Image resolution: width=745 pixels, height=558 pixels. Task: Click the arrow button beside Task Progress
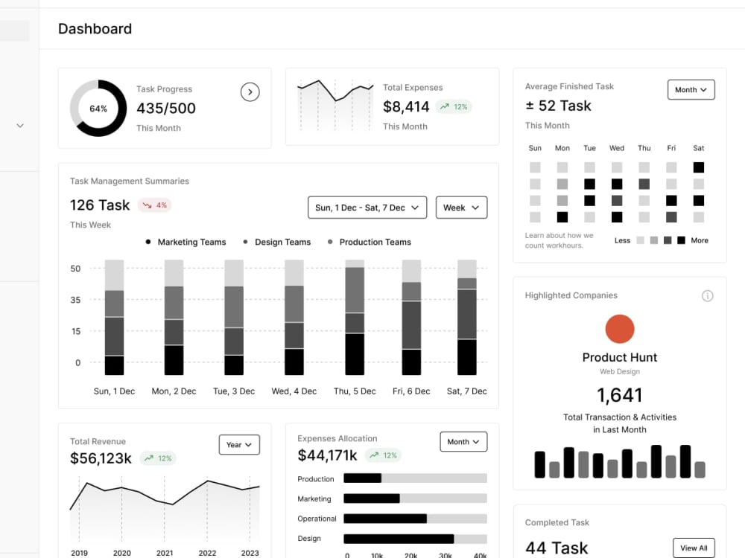[250, 92]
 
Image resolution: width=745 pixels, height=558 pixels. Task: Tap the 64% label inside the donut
[98, 109]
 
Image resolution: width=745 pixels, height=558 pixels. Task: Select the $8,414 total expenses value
[406, 106]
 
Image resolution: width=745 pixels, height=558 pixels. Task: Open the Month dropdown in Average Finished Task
[691, 90]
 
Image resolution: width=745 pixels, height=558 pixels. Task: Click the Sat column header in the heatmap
[699, 148]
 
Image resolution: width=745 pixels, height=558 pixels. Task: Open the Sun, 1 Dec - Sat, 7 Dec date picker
[367, 208]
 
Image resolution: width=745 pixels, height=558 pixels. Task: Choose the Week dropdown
[461, 208]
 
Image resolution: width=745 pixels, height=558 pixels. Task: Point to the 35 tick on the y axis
[75, 300]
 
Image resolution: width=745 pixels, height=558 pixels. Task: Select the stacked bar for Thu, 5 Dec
[355, 318]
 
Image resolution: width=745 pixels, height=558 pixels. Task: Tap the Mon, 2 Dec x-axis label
[174, 391]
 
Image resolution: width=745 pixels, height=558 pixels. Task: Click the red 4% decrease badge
[155, 205]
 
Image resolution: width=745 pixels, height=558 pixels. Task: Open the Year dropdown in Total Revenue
[239, 445]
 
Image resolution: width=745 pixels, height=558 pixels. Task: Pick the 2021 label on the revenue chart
[165, 553]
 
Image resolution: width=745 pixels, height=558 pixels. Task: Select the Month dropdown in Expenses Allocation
[463, 442]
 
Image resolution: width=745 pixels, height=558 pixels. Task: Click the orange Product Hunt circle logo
[620, 329]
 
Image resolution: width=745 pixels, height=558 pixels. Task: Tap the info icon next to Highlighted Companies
[708, 296]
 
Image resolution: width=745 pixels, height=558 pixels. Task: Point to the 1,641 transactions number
[620, 395]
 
